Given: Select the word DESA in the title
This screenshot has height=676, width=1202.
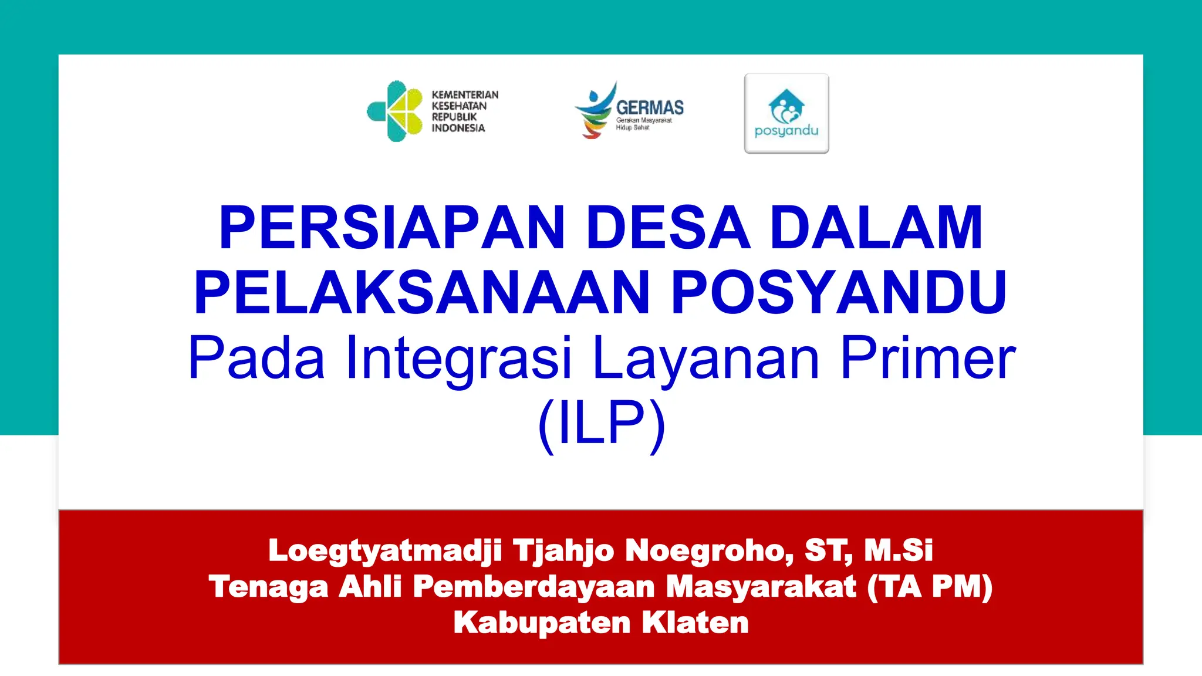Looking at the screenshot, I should pyautogui.click(x=668, y=228).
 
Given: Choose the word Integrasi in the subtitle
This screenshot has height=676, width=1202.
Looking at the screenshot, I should pyautogui.click(x=458, y=358).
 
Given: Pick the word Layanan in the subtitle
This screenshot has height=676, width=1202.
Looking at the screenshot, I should pyautogui.click(x=705, y=358).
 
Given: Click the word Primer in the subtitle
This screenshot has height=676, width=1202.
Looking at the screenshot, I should pyautogui.click(x=928, y=358).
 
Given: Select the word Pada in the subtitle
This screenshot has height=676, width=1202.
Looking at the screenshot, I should pyautogui.click(x=256, y=358).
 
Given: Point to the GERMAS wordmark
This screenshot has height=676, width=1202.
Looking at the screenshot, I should pyautogui.click(x=650, y=107).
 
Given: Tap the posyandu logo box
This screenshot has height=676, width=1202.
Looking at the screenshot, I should pyautogui.click(x=786, y=113).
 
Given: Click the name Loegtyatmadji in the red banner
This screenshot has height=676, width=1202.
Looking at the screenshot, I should pyautogui.click(x=384, y=551).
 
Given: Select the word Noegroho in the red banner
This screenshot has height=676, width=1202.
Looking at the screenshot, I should pyautogui.click(x=709, y=551).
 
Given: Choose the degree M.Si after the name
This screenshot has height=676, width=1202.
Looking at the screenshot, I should pyautogui.click(x=898, y=551).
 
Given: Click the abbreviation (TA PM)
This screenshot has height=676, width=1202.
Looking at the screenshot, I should pyautogui.click(x=930, y=587).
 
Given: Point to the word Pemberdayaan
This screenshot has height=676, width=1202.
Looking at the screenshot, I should pyautogui.click(x=534, y=587).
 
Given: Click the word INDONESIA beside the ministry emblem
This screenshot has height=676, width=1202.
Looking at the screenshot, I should pyautogui.click(x=458, y=128).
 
